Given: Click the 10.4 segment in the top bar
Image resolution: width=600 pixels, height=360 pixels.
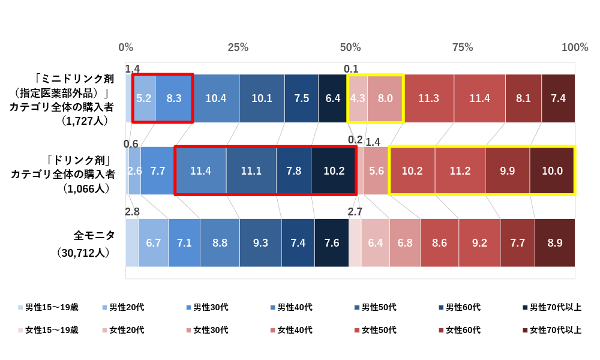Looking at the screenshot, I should pos(215,98).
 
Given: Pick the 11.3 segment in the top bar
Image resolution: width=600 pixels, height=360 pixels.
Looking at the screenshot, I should pos(428,98).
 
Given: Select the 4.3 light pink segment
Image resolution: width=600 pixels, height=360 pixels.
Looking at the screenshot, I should pos(358,98).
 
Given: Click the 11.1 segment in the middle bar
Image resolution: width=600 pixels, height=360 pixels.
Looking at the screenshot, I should pos(251,171).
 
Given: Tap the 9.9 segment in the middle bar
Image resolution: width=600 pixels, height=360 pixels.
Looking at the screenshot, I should pos(507,171).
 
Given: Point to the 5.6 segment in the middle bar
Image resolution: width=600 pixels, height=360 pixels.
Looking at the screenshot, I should pos(376,171).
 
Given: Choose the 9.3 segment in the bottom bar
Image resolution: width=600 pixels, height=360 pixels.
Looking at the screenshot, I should pos(260,243).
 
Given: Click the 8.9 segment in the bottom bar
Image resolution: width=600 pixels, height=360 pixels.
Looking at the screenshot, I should pos(554,243).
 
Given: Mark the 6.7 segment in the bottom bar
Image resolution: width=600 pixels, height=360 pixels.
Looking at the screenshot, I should pos(153,243).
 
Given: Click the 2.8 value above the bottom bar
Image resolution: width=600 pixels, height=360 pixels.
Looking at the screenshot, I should pos(132,212).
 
